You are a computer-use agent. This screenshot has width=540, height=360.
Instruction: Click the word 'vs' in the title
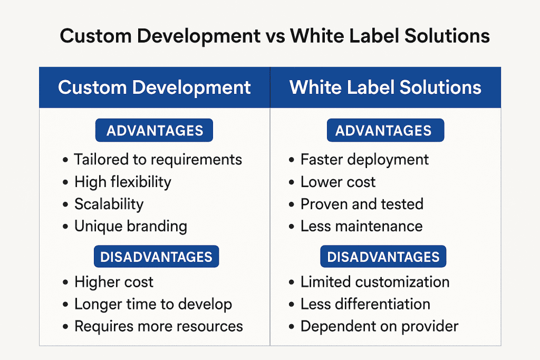pyautogui.click(x=275, y=36)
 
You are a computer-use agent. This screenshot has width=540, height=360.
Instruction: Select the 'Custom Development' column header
pyautogui.click(x=155, y=87)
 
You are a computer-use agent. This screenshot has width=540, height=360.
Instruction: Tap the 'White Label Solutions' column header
pyautogui.click(x=385, y=87)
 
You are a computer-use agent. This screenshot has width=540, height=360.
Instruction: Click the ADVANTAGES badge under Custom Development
pyautogui.click(x=155, y=130)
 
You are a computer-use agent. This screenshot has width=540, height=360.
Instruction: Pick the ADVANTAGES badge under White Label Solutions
pyautogui.click(x=385, y=130)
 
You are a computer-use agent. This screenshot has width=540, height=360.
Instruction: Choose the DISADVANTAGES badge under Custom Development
pyautogui.click(x=156, y=256)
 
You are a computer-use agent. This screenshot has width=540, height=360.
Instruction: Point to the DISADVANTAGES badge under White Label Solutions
pyautogui.click(x=383, y=256)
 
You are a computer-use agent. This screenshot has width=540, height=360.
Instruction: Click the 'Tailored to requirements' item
pyautogui.click(x=158, y=160)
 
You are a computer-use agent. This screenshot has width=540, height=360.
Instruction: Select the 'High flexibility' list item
pyautogui.click(x=122, y=182)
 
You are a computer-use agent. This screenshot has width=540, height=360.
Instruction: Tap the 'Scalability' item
pyautogui.click(x=109, y=205)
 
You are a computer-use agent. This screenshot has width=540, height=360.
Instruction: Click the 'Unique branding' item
pyautogui.click(x=131, y=227)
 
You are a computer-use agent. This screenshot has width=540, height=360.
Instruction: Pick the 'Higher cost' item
pyautogui.click(x=114, y=282)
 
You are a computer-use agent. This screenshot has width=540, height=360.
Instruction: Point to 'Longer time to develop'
pyautogui.click(x=153, y=304)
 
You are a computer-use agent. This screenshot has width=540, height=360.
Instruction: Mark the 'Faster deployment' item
pyautogui.click(x=365, y=160)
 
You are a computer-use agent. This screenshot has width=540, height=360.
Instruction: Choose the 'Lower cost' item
pyautogui.click(x=338, y=182)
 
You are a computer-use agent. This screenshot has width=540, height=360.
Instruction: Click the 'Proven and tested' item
pyautogui.click(x=362, y=205)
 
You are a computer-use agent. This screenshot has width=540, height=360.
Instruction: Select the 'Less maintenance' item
pyautogui.click(x=362, y=227)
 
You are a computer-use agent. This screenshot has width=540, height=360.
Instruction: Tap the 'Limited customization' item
pyautogui.click(x=375, y=282)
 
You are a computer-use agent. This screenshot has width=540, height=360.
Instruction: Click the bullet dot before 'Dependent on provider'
pyautogui.click(x=292, y=327)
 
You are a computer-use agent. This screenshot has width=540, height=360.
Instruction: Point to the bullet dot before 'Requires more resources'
pyautogui.click(x=65, y=327)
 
